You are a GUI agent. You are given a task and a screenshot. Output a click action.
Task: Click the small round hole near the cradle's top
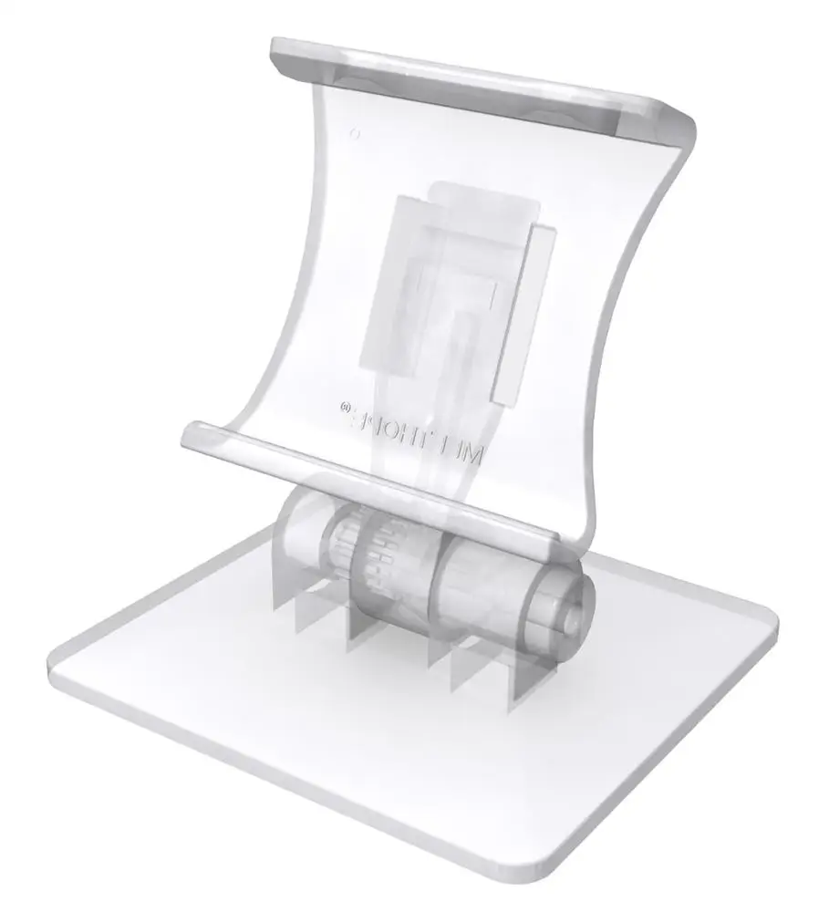pyautogui.click(x=355, y=133)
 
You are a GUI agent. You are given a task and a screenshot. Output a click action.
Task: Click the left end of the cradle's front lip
pyautogui.click(x=192, y=435)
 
